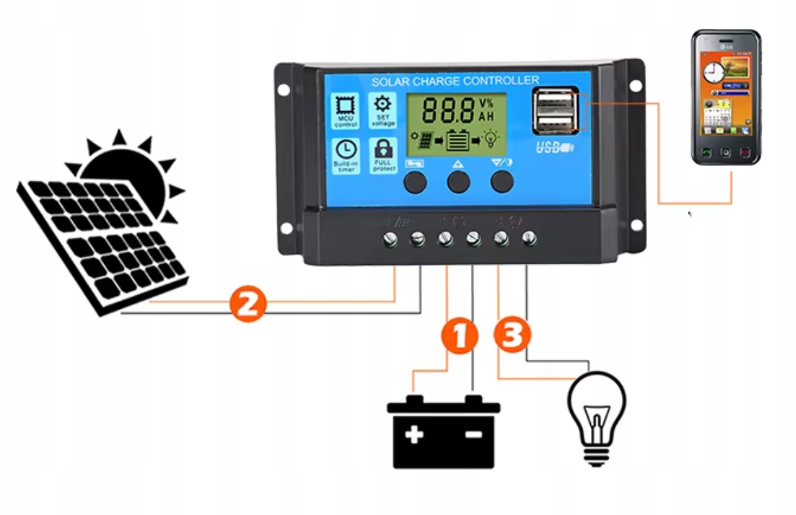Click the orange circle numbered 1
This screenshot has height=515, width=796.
point(460,336)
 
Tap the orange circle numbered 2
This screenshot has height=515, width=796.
point(246,303)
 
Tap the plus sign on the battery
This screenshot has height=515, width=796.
point(414,435)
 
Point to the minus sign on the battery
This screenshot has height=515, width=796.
point(473,435)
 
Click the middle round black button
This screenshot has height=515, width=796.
point(458,182)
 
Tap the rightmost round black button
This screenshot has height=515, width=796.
point(502,181)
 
